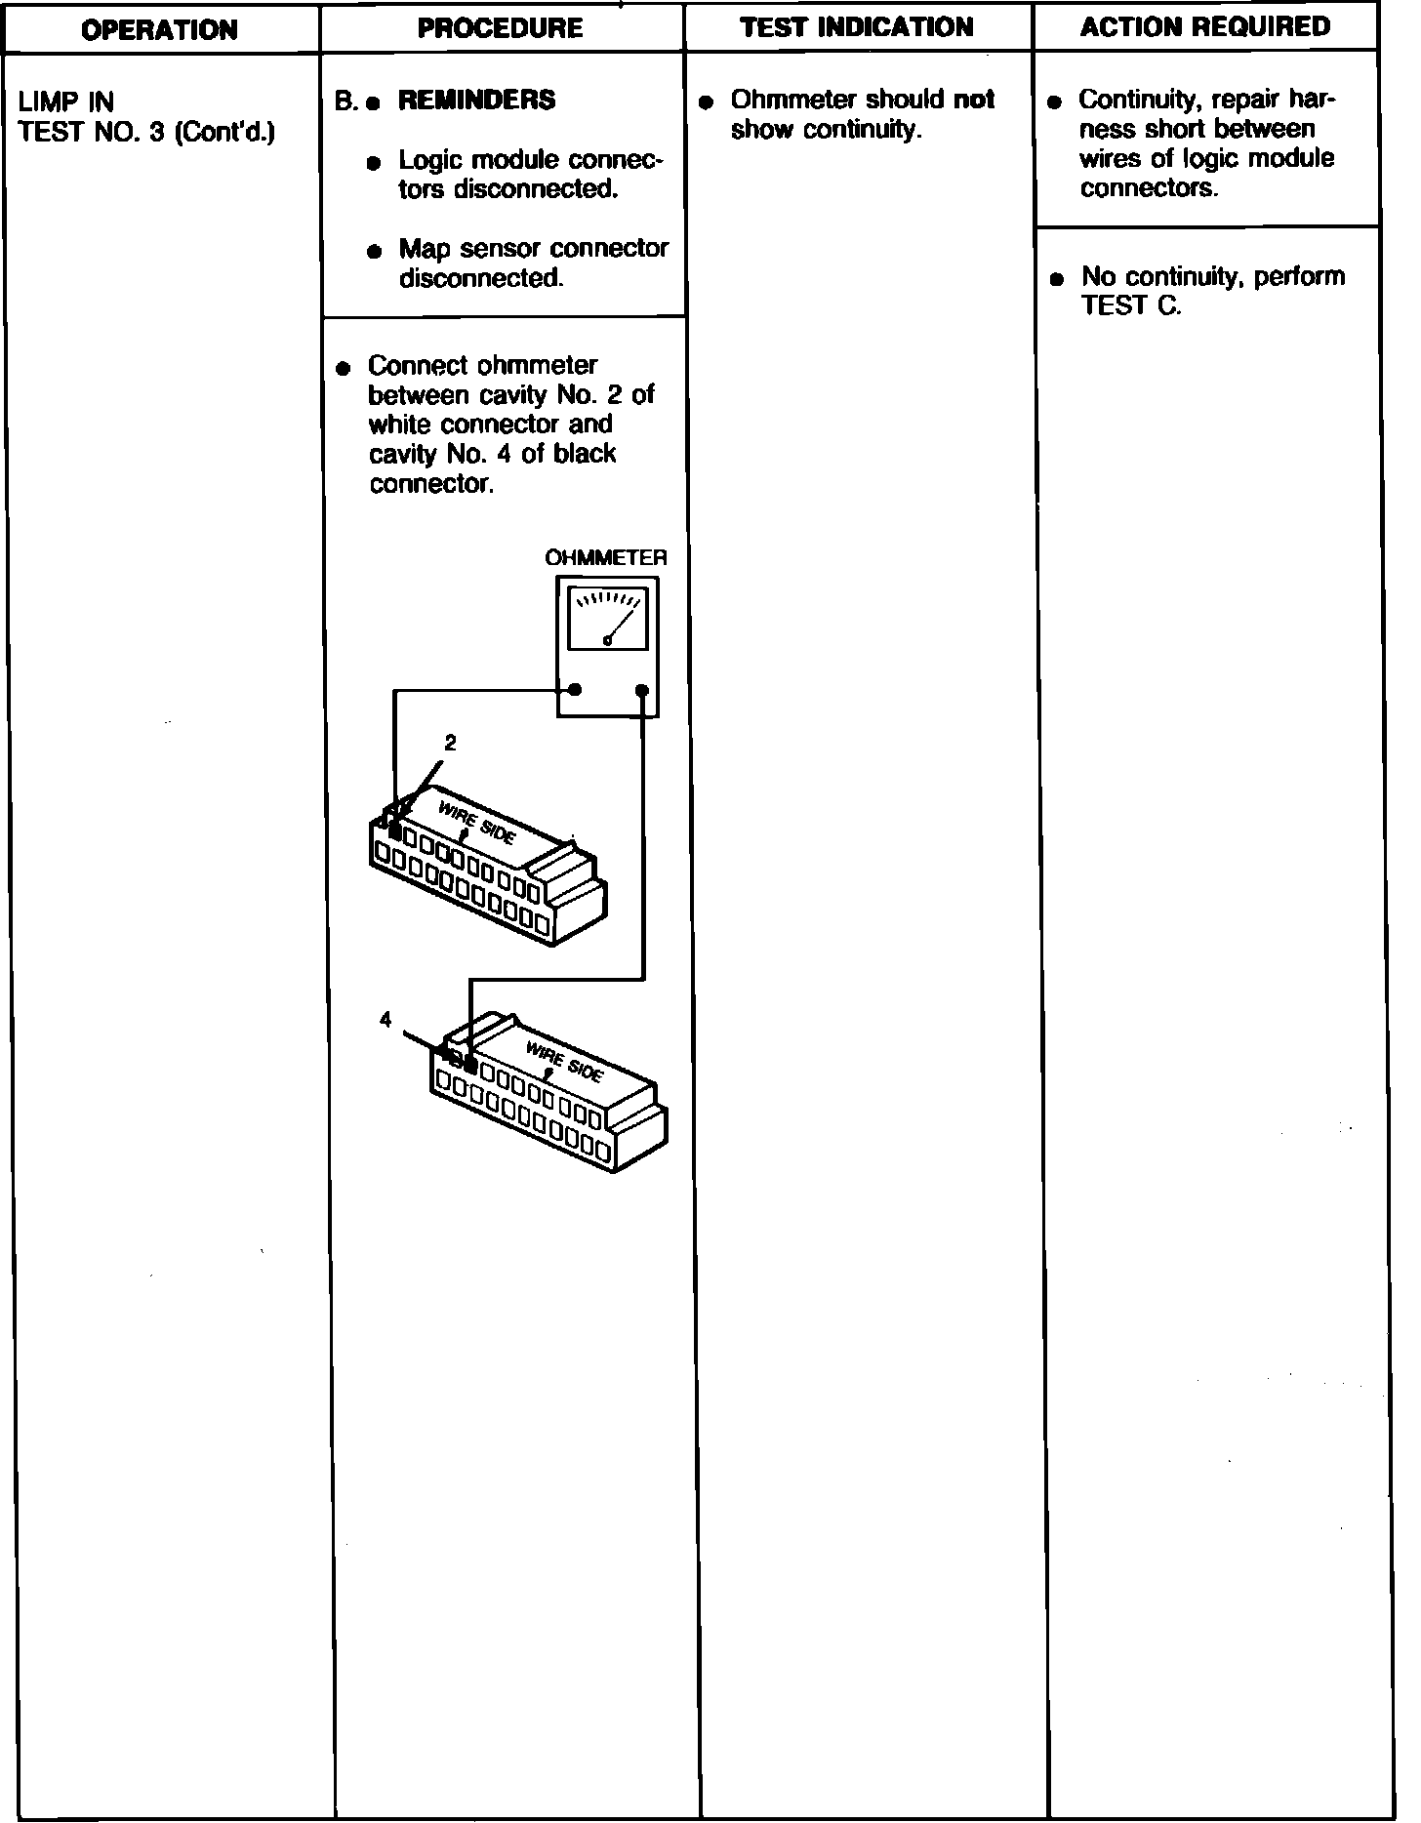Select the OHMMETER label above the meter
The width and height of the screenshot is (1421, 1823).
tap(605, 558)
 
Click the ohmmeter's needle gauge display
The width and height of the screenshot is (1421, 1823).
tap(607, 619)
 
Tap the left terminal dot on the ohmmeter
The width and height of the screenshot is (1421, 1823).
tap(576, 690)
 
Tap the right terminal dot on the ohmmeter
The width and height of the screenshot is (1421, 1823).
tap(641, 691)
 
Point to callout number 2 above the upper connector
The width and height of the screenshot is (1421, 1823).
tap(450, 744)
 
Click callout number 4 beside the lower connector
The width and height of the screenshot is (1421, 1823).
tap(386, 1020)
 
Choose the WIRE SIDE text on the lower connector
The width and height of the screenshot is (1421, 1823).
tap(565, 1062)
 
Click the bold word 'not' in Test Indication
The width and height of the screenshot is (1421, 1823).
tap(974, 100)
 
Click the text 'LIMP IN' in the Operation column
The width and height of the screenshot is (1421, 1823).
tap(66, 101)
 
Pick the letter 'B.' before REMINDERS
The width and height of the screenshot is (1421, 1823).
tap(345, 101)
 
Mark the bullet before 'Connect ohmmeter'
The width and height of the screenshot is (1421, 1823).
tap(343, 369)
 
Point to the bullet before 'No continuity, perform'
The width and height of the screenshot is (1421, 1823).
tap(1056, 279)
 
